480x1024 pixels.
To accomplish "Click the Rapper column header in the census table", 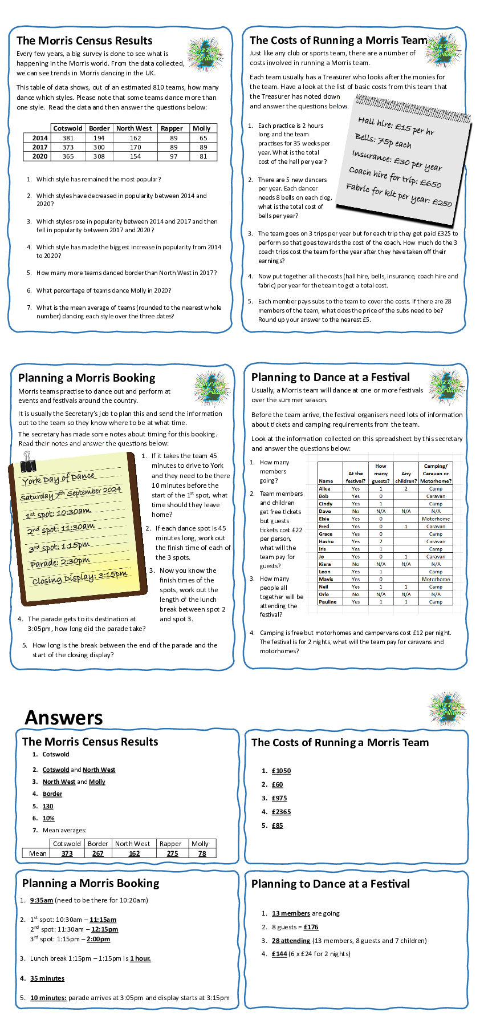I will click(172, 128).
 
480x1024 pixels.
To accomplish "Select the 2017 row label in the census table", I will click(40, 147).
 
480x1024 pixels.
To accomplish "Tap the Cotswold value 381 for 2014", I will click(68, 138).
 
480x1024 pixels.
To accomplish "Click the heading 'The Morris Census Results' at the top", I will click(84, 41).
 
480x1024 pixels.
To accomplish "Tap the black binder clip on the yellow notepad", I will click(27, 460).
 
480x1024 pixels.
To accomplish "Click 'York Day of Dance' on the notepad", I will click(58, 479).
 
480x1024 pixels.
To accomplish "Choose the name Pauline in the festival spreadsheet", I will click(327, 602).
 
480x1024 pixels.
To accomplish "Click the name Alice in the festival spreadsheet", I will click(324, 489).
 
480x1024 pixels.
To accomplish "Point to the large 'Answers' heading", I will click(64, 718).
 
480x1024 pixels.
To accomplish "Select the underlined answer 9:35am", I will click(42, 900).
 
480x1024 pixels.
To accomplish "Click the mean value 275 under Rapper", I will click(172, 853).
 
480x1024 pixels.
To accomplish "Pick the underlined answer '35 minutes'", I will click(47, 978).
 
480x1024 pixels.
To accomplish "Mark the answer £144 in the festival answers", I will click(279, 954).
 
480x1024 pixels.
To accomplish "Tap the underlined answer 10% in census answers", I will click(48, 818).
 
